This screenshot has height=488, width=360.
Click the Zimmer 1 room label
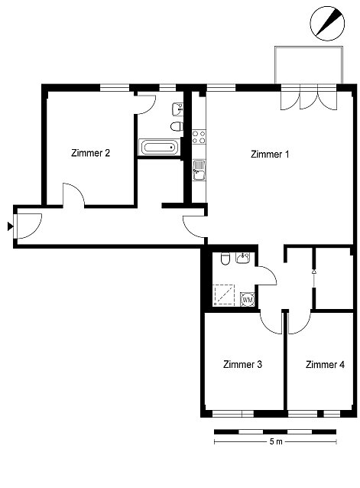pos(270,154)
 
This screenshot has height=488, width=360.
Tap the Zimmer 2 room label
pos(90,153)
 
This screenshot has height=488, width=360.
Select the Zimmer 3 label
pos(242,364)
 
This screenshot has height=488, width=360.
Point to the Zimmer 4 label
pos(325,364)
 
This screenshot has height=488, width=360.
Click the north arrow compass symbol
pos(327,24)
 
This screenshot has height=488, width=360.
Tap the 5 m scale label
pos(276,441)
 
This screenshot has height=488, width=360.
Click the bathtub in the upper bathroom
pos(159,147)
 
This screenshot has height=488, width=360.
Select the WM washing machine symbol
pos(248,300)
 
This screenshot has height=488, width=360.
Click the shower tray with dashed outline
pos(224,294)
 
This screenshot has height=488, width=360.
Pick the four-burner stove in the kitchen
pos(199,137)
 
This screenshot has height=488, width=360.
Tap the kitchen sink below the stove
pos(199,170)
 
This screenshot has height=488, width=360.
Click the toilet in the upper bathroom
pos(177,126)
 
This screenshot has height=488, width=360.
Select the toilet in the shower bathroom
pos(225,259)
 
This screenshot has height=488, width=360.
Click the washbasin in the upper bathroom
pos(177,109)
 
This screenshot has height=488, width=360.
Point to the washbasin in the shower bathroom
pos(242,258)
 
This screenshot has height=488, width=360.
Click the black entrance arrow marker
pos(10,226)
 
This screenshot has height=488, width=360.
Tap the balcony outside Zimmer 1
pos(309,65)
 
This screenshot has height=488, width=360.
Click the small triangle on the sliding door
pos(313,272)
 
